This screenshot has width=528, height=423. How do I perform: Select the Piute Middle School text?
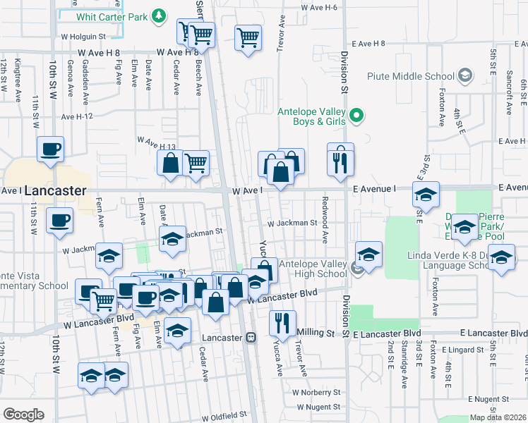410,75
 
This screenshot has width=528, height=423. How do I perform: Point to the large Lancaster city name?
55,191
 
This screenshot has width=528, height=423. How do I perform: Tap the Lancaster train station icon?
251,338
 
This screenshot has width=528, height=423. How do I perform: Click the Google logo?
23,415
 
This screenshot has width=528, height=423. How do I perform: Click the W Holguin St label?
82,36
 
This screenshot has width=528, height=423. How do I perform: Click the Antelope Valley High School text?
313,269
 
